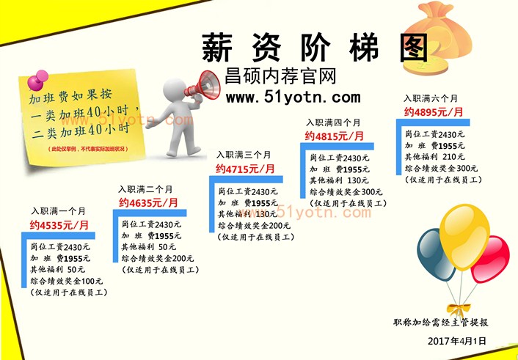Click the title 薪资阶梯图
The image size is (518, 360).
[315, 48]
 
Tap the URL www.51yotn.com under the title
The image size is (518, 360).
[293, 98]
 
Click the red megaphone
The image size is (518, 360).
[204, 85]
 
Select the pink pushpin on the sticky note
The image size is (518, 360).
[37, 80]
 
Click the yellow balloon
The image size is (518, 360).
[464, 236]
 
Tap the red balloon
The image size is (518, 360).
[490, 259]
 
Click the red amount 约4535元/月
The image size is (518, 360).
[59, 225]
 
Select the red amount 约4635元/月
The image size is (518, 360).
[148, 203]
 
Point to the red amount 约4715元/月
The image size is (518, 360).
[246, 169]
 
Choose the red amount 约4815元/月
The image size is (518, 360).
[334, 136]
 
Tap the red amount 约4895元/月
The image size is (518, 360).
[433, 112]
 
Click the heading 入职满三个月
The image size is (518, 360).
[244, 155]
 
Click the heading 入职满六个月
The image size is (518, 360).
[431, 98]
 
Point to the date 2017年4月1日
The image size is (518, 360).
[457, 341]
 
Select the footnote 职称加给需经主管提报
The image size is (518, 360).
[440, 323]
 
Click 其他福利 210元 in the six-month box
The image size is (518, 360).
[435, 157]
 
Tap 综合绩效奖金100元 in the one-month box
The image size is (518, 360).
[67, 281]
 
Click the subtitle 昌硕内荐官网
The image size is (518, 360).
[280, 76]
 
